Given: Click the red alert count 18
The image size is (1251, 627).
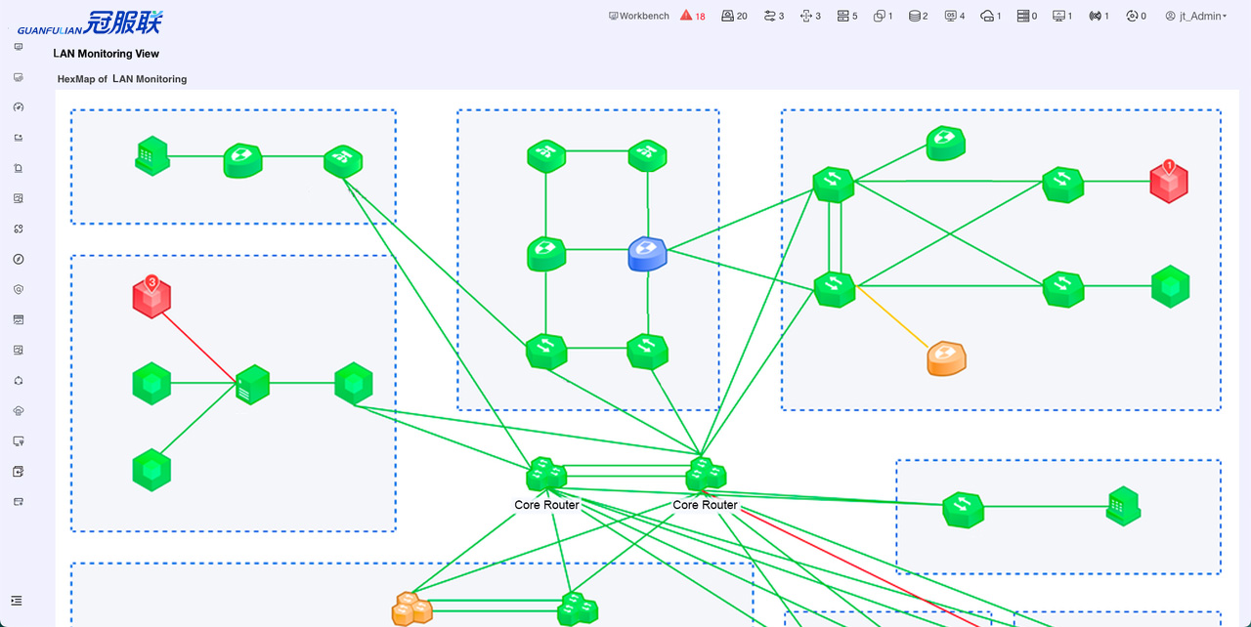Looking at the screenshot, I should [x=693, y=16].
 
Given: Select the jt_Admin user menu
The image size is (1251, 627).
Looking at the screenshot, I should [x=1195, y=16].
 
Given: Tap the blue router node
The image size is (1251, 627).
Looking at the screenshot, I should [x=647, y=254].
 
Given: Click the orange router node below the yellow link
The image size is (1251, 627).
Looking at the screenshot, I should [x=946, y=358].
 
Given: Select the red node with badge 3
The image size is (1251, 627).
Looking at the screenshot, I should [x=151, y=297].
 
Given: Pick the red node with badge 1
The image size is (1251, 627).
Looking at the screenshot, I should [x=1168, y=182].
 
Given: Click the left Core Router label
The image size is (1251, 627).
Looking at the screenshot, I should [x=546, y=505].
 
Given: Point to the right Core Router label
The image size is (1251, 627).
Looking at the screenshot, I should [x=705, y=505].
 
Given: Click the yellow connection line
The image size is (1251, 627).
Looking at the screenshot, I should [x=892, y=317].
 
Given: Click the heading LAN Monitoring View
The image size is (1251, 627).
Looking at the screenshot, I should [x=106, y=54].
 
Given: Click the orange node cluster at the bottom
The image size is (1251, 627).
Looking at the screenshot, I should [x=411, y=608].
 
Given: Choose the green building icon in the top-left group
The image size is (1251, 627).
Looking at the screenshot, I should [x=152, y=156].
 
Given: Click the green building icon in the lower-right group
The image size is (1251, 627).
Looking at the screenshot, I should [x=1123, y=506].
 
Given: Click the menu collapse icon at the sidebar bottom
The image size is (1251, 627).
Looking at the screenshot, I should [x=17, y=601].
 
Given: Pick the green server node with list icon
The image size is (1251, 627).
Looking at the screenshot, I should [x=252, y=385].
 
